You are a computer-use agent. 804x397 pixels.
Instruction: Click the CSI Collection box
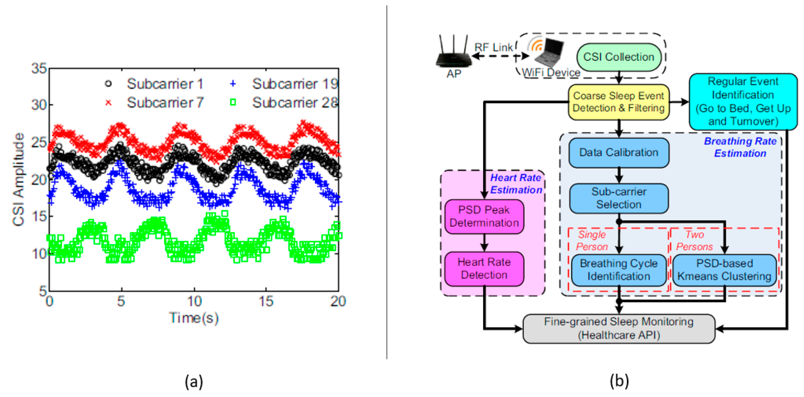618,57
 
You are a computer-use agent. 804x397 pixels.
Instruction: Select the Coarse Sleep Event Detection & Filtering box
618,102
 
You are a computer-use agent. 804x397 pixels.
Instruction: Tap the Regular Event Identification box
743,101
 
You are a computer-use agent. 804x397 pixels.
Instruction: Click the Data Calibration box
618,153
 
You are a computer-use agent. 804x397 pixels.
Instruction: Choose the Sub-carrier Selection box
618,198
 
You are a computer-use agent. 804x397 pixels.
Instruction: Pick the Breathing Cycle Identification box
618,270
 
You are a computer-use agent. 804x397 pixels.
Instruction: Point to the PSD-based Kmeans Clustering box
724,270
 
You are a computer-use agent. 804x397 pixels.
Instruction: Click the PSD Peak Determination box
484,216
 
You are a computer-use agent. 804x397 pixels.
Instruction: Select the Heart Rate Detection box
484,268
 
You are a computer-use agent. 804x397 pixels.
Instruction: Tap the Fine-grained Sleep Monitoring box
618,328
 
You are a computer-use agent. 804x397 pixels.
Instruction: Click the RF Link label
493,48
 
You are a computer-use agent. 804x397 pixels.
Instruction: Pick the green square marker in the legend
233,102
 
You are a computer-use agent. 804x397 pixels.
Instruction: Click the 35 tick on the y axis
39,68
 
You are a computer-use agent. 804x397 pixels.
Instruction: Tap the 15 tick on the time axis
266,301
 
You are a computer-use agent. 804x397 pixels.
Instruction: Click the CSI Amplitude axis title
18,179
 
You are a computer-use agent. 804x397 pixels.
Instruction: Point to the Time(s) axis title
194,318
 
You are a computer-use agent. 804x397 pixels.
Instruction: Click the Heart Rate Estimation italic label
516,184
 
